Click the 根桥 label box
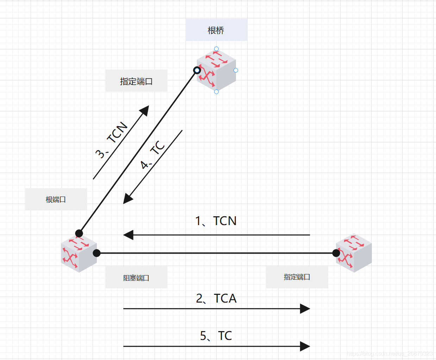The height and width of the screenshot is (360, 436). [216, 30]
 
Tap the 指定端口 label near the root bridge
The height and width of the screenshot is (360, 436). [136, 81]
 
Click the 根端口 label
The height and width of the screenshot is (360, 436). [56, 199]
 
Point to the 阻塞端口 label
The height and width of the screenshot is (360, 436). [136, 278]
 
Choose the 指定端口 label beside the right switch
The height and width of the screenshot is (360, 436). [297, 277]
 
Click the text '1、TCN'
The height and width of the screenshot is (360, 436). [216, 221]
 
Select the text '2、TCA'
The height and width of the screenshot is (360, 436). [216, 298]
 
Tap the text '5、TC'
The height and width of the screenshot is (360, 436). [216, 336]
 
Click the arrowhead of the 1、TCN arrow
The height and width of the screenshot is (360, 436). [128, 235]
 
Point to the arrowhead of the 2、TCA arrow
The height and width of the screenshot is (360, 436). [305, 309]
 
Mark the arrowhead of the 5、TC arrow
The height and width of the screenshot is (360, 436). [305, 346]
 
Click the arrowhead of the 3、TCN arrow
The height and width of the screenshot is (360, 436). [145, 110]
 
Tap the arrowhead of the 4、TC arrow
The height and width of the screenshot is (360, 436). [127, 199]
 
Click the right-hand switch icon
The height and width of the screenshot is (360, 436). [354, 253]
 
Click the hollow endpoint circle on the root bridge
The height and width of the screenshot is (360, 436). [197, 70]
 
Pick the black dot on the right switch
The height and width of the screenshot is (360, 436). [336, 253]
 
